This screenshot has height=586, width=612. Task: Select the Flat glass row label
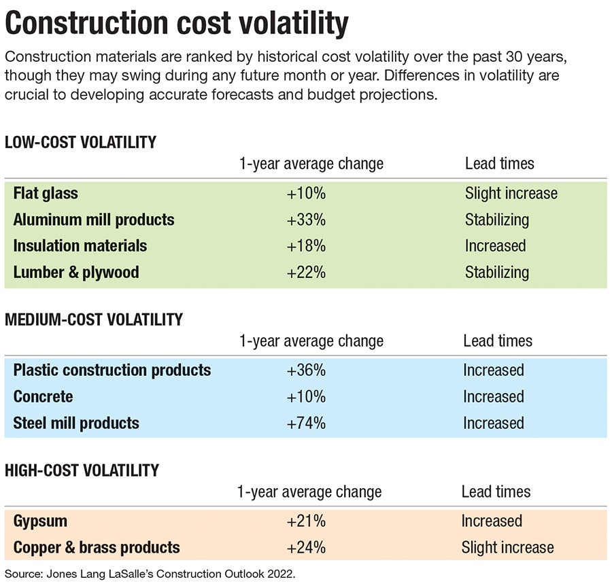46,193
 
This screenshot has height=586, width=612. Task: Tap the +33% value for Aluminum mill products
306,220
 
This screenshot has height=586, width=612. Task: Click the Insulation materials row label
80,245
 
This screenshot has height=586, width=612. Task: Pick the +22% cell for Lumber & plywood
306,272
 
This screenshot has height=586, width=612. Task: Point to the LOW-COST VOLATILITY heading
80,143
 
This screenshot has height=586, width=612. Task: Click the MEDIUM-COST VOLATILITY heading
94,320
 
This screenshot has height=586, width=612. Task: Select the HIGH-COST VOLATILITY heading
82,470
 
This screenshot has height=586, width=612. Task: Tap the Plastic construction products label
112,370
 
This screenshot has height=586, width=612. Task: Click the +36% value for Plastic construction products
306,370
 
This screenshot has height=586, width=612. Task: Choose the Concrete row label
43,396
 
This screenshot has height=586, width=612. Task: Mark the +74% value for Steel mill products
306,423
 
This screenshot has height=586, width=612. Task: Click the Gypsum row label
40,521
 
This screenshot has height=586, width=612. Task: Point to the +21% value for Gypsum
306,521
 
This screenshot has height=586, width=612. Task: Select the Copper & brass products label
97,547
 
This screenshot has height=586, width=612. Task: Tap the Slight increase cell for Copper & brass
507,547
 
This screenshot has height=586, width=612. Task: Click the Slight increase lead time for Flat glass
511,193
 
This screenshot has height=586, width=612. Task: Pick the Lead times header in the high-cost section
496,492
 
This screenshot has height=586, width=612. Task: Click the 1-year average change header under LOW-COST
311,164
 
